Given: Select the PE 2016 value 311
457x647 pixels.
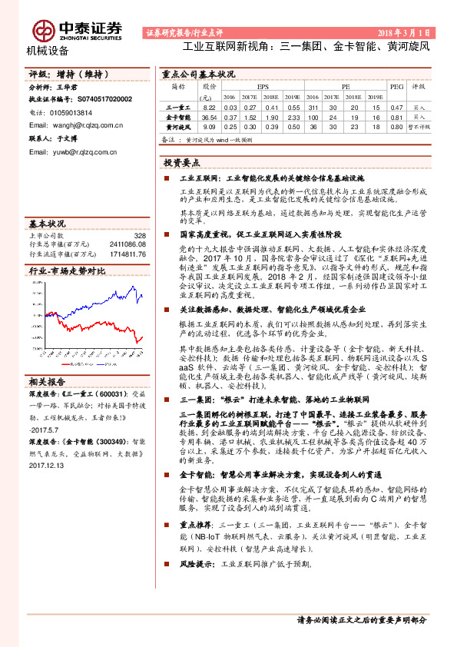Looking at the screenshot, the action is click(x=312, y=108).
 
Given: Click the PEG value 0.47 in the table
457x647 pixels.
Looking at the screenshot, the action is click(x=396, y=108).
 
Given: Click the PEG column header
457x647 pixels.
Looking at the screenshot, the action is click(x=396, y=88).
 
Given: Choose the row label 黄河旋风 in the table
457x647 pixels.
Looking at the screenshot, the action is click(x=178, y=126).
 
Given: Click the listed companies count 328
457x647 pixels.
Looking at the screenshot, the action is click(x=140, y=235).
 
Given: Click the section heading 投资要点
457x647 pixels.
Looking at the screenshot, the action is click(x=181, y=163).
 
